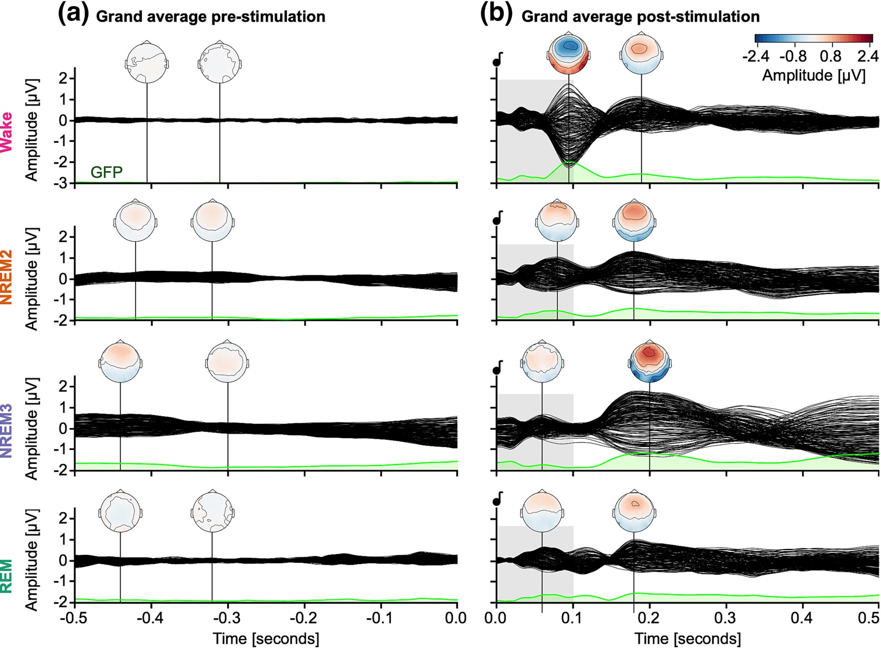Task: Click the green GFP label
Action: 107,172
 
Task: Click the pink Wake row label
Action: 6,132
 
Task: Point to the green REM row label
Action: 6,576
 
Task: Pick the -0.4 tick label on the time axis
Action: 151,618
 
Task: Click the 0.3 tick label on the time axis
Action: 726,618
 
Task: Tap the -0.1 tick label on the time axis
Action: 381,618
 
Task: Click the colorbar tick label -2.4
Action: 756,56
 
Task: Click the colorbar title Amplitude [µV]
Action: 814,76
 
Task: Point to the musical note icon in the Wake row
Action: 498,59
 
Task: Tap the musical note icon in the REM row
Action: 498,499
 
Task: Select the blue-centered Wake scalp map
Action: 569,54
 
